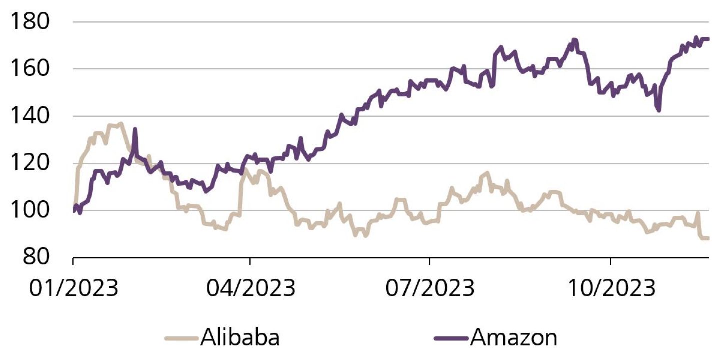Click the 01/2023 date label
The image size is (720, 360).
(x=73, y=288)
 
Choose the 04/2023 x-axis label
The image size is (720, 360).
(x=250, y=288)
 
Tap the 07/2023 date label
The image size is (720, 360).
(x=429, y=288)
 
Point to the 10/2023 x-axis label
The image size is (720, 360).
(x=610, y=288)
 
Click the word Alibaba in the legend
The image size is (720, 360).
(x=240, y=338)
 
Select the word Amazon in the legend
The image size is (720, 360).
(x=513, y=338)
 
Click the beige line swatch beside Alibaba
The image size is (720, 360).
(x=182, y=338)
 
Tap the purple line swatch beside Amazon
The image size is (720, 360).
(x=451, y=338)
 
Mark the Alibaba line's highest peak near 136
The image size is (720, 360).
(x=120, y=123)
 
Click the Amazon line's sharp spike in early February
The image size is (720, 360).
(x=135, y=129)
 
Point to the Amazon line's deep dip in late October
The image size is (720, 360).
(x=659, y=110)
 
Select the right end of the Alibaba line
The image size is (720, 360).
(x=708, y=238)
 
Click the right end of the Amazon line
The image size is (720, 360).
(x=708, y=39)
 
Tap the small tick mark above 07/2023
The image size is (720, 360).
(x=429, y=261)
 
